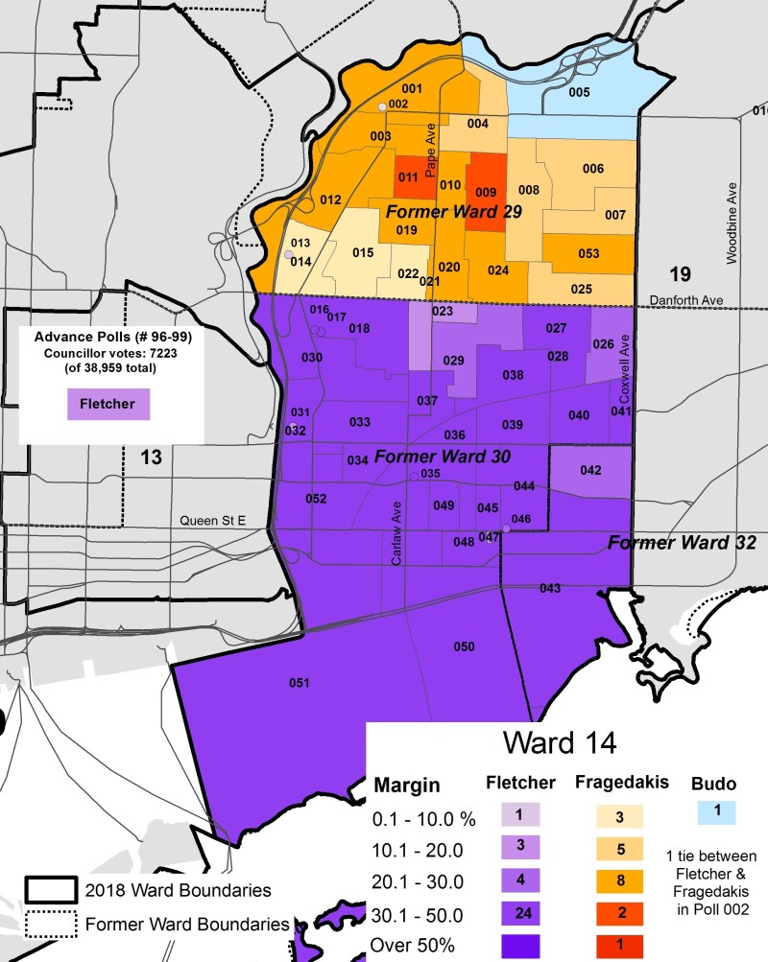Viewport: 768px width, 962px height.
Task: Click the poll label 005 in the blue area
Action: click(x=578, y=93)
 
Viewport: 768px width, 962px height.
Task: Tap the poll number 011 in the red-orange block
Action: click(x=407, y=177)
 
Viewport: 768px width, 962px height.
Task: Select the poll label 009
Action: click(x=485, y=191)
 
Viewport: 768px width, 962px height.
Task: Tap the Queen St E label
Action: click(x=213, y=520)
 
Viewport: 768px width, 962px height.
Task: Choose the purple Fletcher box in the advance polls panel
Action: click(x=108, y=404)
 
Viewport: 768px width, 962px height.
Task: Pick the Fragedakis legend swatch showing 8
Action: click(x=608, y=880)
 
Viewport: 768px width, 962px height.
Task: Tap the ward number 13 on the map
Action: click(x=152, y=457)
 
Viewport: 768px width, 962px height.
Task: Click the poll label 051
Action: click(x=300, y=683)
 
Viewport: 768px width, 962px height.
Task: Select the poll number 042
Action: click(x=590, y=470)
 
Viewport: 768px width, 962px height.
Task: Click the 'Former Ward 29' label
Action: click(x=453, y=212)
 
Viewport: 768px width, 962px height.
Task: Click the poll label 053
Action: click(x=588, y=254)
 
